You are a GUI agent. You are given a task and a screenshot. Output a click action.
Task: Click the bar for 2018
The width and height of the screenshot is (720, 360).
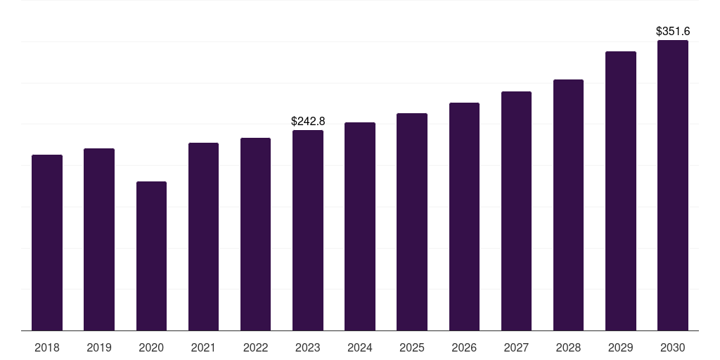coord(47,243)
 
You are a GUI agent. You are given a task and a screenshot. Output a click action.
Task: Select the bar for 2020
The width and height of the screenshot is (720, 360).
coord(151,256)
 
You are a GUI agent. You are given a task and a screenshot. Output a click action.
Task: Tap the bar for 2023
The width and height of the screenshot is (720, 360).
coord(308,230)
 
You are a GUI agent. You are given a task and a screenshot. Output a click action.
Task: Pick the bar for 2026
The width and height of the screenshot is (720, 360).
coord(464,217)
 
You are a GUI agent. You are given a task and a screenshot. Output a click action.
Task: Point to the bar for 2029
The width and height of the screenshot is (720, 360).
coord(621,191)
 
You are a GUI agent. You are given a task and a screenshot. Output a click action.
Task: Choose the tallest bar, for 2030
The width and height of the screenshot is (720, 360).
coord(673,185)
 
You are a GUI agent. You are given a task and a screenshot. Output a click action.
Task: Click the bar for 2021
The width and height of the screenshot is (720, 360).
coord(203,236)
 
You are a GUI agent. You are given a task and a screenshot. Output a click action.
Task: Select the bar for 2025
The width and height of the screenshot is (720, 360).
coord(412,221)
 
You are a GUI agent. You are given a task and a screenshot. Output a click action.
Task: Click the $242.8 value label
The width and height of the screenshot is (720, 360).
coord(308,122)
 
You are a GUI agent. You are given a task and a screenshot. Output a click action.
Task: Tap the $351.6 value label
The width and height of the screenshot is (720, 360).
coord(673,32)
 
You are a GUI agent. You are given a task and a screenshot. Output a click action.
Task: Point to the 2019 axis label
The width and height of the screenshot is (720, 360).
coord(99,348)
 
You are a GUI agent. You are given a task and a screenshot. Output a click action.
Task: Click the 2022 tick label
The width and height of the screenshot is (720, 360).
coord(255,348)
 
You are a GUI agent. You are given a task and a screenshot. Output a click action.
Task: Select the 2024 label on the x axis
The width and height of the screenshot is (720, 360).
coord(360,348)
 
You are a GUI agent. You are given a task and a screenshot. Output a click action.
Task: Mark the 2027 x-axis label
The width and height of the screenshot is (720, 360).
coord(516,348)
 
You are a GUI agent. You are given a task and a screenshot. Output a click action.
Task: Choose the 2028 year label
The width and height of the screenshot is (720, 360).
coord(568,348)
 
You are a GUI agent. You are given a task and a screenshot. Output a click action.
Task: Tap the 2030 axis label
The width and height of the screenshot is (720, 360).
coord(673,348)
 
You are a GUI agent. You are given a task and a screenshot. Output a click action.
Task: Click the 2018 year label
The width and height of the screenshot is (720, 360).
coord(47,348)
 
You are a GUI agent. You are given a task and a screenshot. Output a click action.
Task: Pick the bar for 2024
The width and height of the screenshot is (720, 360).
coord(360,226)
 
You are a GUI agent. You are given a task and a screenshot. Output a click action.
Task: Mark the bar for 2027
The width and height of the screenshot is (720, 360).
coord(516,211)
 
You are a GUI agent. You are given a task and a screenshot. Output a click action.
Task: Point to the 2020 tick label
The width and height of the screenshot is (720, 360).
coord(151,348)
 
